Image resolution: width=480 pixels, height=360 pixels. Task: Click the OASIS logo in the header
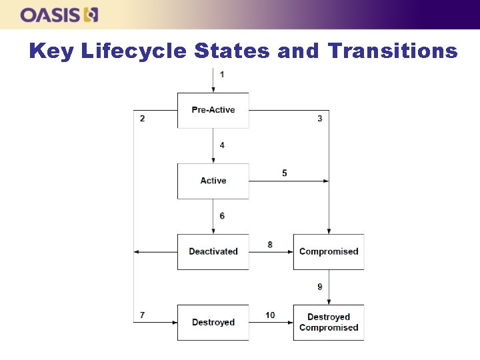(59, 14)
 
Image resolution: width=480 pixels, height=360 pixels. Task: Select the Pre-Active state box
(213, 110)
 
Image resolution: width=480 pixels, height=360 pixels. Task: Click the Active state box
(213, 181)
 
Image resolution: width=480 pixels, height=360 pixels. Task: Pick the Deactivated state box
(213, 251)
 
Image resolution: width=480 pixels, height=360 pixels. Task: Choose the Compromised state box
(329, 251)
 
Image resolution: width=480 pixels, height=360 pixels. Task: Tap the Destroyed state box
(213, 323)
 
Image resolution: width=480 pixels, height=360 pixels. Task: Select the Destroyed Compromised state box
(329, 323)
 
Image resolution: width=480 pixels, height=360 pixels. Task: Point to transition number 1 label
(222, 74)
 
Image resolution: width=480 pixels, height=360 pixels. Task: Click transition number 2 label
(142, 119)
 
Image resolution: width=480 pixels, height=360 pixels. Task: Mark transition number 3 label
(320, 119)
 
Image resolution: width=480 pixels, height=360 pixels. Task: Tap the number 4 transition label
(222, 145)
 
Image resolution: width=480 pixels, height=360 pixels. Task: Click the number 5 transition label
(285, 173)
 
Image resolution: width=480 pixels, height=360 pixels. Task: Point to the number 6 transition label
(222, 216)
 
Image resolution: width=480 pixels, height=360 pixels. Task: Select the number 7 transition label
(142, 315)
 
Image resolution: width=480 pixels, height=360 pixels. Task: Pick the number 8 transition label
(270, 245)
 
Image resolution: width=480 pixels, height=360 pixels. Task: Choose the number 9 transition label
(320, 287)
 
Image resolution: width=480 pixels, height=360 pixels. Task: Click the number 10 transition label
(270, 315)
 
